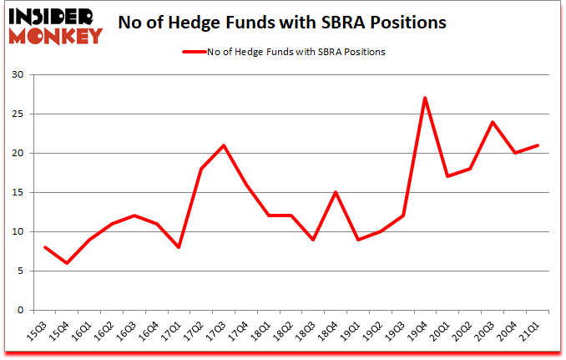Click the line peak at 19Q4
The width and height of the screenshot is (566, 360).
(x=425, y=98)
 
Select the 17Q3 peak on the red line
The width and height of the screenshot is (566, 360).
(x=224, y=145)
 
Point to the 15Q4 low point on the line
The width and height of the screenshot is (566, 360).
(x=67, y=263)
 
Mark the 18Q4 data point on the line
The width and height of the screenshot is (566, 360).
(x=336, y=192)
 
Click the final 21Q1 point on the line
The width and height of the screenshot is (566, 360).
(x=538, y=145)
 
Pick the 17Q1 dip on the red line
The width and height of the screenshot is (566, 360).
(x=179, y=247)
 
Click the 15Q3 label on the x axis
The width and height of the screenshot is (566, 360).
(x=38, y=331)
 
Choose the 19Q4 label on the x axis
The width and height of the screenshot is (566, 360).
(x=419, y=331)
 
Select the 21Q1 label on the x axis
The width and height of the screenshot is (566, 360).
(x=531, y=331)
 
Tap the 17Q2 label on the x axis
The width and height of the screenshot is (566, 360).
(x=195, y=331)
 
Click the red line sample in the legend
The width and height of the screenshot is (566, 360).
(x=195, y=51)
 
